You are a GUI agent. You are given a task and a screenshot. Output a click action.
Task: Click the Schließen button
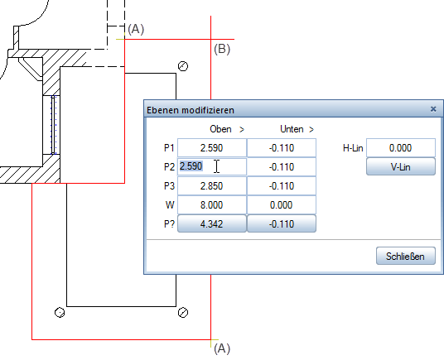[406, 256]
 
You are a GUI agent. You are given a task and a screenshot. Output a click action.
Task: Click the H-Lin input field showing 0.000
[401, 147]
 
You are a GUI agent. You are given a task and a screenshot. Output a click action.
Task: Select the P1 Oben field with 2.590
[212, 147]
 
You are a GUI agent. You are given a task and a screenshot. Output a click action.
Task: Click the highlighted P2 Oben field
[212, 166]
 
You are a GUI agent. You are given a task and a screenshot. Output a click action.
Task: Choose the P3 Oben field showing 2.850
[212, 186]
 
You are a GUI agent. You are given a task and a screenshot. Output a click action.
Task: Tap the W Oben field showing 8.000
[212, 204]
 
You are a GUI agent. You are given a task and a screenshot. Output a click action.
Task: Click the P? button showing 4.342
[212, 223]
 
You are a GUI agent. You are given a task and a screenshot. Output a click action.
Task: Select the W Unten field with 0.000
[282, 204]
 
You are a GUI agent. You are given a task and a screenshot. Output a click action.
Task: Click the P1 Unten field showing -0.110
[282, 147]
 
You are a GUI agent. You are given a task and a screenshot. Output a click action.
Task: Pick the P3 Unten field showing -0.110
[282, 186]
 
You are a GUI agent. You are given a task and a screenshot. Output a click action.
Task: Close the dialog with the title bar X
[433, 109]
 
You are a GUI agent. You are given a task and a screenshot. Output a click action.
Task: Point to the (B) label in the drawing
[222, 49]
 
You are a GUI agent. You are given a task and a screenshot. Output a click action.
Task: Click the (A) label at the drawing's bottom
[222, 348]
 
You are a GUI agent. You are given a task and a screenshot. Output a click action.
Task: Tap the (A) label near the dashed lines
[136, 29]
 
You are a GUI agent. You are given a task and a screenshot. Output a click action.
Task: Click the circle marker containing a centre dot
[60, 313]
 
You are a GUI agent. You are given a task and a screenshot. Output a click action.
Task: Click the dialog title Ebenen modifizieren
[191, 110]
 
